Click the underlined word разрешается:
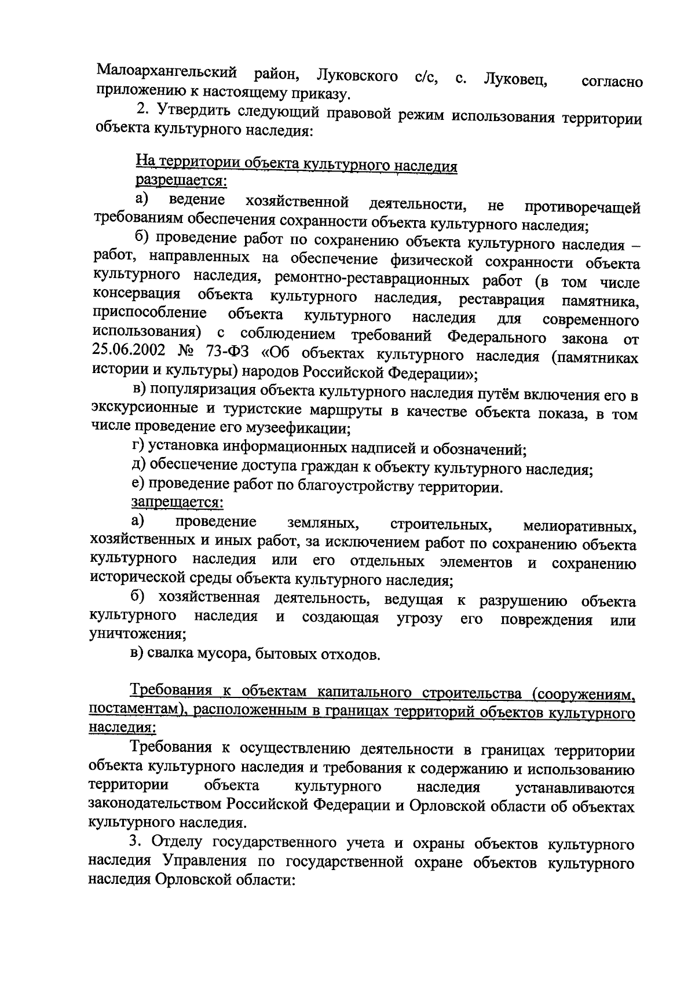point(181,181)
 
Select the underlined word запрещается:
point(177,502)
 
